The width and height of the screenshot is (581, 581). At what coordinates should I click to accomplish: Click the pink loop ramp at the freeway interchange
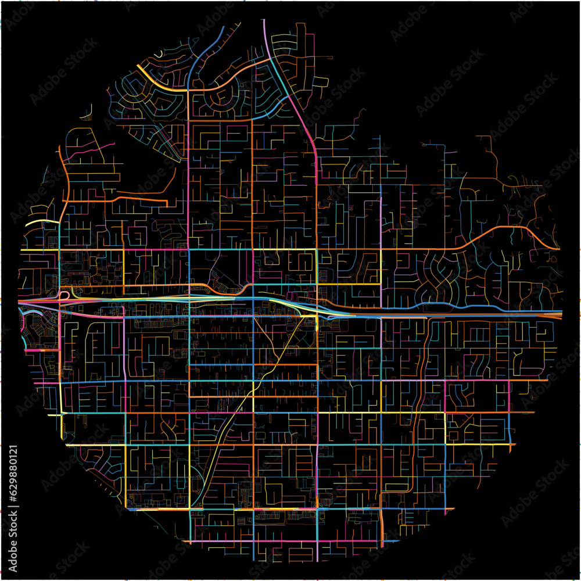coord(63,295)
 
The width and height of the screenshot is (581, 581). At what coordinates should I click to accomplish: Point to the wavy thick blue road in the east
coord(442,304)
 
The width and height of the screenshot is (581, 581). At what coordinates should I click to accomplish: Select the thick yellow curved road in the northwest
coord(157,81)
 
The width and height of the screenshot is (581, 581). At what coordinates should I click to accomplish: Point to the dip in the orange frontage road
coord(247,288)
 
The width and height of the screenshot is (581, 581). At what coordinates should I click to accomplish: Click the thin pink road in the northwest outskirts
coord(81,154)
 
